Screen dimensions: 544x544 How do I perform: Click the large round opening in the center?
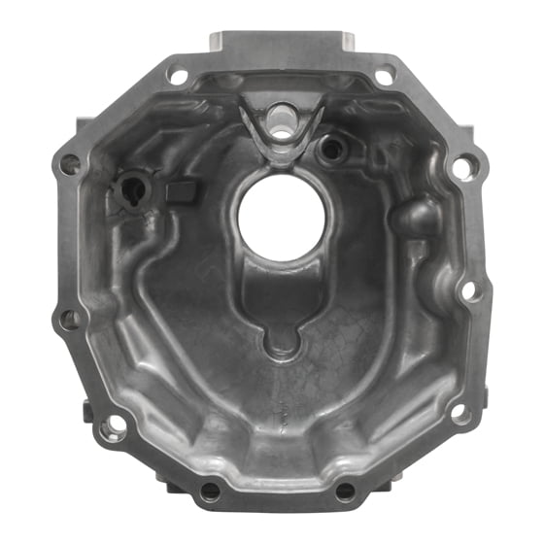tap(284, 216)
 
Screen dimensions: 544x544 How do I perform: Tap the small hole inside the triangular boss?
tap(283, 115)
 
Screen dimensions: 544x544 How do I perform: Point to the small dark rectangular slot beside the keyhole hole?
tap(178, 191)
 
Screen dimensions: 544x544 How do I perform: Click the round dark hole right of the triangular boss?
tap(332, 148)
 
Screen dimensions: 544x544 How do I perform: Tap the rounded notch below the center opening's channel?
tap(282, 339)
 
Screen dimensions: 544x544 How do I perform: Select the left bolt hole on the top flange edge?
tap(178, 74)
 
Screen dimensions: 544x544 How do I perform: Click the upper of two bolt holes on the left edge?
tap(70, 165)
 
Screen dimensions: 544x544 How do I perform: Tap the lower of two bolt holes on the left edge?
tap(70, 317)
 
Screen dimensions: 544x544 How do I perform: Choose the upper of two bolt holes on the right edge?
tap(465, 165)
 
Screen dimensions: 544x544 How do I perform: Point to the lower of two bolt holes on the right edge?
tap(468, 289)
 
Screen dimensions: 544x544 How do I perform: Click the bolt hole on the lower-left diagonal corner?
tap(115, 425)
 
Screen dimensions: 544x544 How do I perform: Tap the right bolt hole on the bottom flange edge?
tap(345, 492)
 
